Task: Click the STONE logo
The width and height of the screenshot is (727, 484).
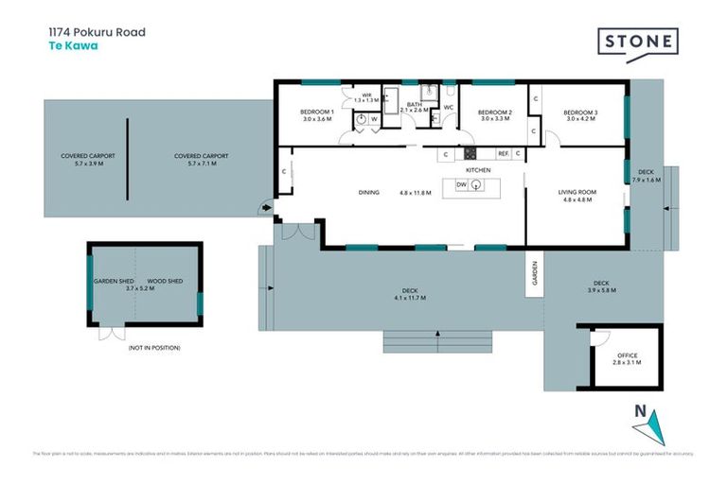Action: pyautogui.click(x=637, y=43)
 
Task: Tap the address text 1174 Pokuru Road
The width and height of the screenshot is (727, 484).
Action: pyautogui.click(x=97, y=31)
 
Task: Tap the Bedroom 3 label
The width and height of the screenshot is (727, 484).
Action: pyautogui.click(x=580, y=112)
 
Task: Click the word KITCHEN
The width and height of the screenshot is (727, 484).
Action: pyautogui.click(x=478, y=169)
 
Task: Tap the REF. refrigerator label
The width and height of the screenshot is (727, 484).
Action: pyautogui.click(x=504, y=152)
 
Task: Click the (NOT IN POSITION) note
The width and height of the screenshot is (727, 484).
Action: pyautogui.click(x=153, y=348)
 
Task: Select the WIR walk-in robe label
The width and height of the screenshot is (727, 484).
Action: pyautogui.click(x=366, y=95)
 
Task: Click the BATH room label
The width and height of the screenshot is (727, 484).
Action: pyautogui.click(x=414, y=105)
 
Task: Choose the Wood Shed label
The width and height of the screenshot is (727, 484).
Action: pyautogui.click(x=163, y=281)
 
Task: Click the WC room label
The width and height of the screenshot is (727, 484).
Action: pyautogui.click(x=449, y=107)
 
